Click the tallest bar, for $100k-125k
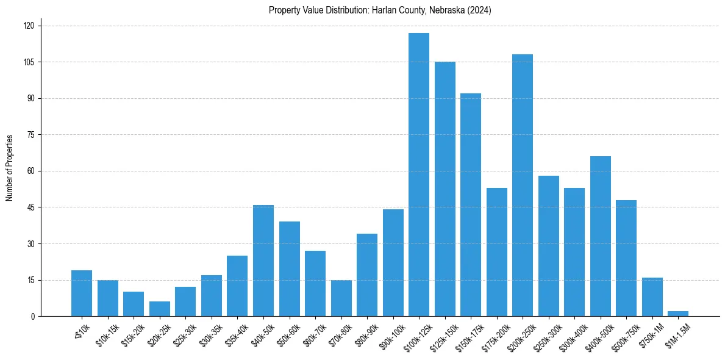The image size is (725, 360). pos(419,175)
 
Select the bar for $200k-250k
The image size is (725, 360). pos(523,185)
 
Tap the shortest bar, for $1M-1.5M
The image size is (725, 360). pos(678,314)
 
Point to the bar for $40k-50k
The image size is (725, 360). pos(263,261)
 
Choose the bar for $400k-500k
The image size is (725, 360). pos(601,236)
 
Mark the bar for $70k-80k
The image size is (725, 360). pos(341,298)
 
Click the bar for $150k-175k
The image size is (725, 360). pos(471,204)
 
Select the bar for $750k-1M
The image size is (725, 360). pos(652,297)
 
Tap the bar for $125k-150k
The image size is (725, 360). pos(445,189)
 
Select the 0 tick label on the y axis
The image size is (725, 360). pos(33,317)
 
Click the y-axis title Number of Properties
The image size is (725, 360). pos(10,168)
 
